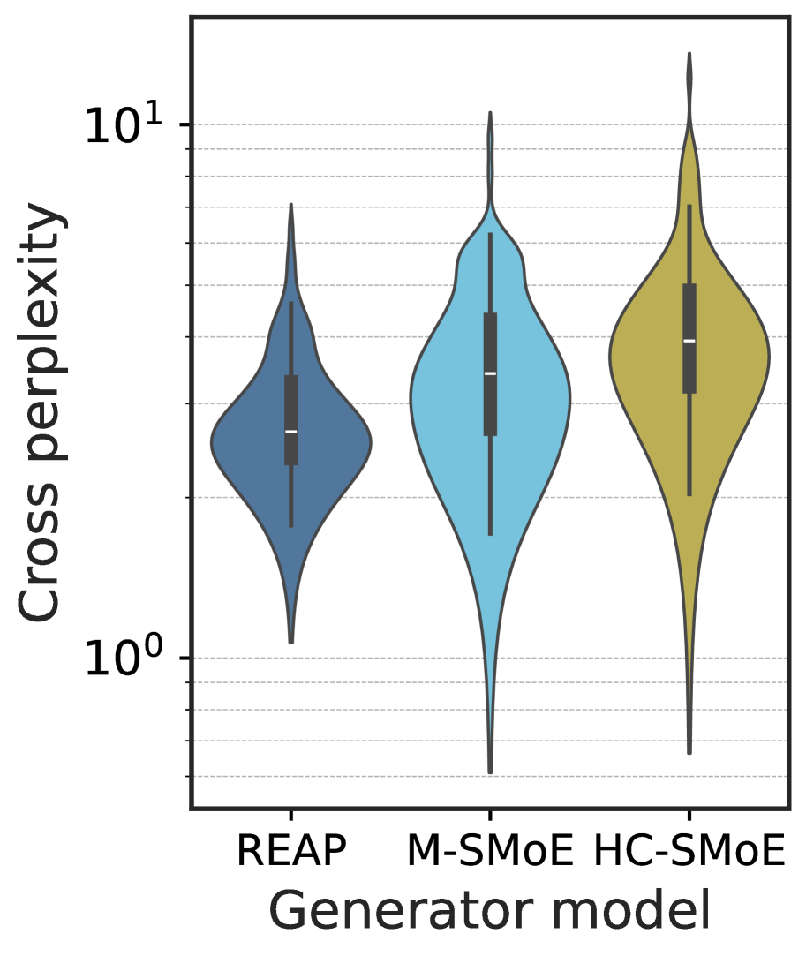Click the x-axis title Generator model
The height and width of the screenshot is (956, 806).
(x=489, y=911)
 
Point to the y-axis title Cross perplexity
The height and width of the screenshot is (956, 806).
(x=42, y=414)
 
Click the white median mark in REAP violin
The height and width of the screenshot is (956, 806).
(x=290, y=431)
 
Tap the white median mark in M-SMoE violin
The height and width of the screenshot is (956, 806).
(x=490, y=373)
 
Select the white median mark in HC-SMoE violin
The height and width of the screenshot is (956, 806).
(x=689, y=341)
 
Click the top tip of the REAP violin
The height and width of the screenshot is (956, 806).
(x=290, y=205)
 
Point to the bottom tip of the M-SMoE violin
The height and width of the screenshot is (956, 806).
(x=490, y=772)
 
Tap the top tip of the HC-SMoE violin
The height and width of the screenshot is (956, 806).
(x=689, y=54)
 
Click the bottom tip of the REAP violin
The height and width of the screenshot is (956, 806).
(x=290, y=642)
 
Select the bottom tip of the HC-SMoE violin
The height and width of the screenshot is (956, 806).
(x=689, y=753)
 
